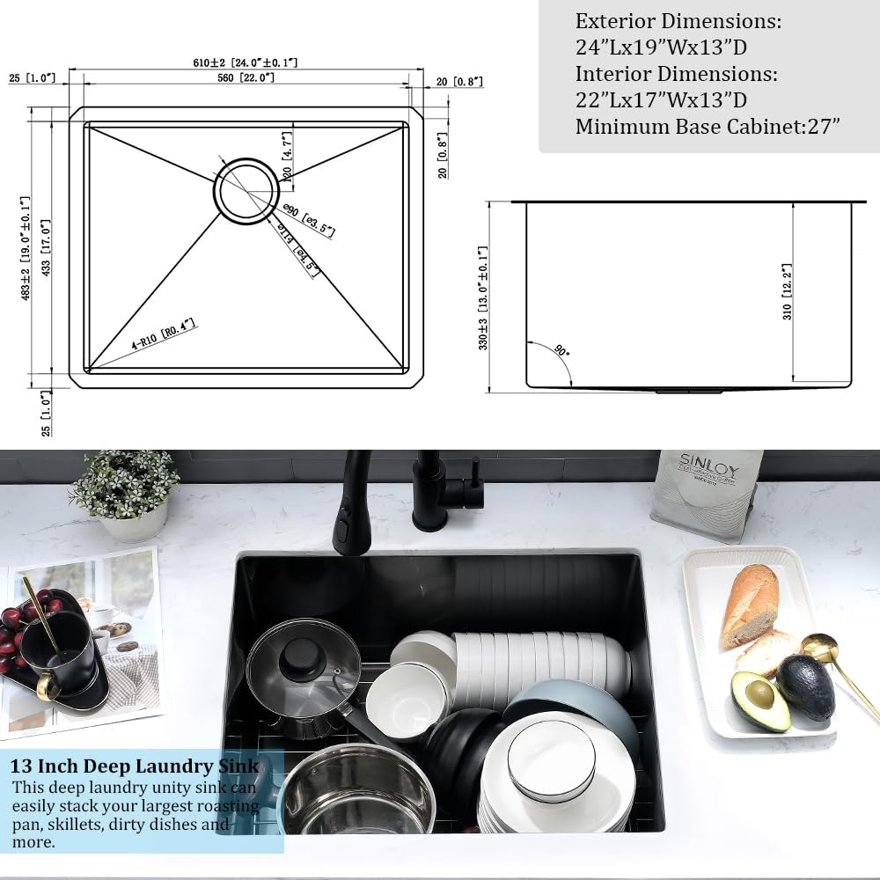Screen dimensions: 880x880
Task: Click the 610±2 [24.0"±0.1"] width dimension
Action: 246,63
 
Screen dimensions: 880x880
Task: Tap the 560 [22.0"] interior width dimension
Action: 246,78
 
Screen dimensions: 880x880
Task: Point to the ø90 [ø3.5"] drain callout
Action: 309,219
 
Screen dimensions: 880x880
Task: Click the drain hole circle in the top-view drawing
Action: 248,191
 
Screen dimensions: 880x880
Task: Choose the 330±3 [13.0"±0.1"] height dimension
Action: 483,298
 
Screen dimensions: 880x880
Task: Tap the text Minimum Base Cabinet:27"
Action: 708,127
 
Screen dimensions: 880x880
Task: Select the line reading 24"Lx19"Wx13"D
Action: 661,48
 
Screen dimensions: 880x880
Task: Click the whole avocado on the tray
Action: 805,686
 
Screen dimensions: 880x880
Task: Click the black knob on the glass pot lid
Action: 304,654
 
